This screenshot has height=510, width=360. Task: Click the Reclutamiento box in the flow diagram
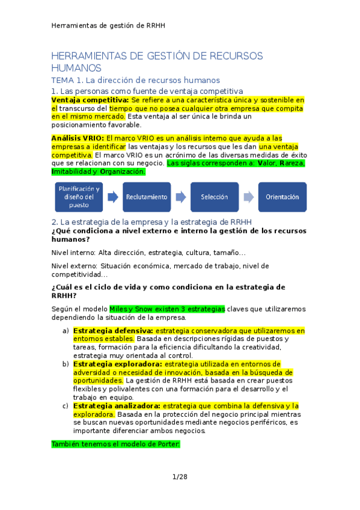point(147,197)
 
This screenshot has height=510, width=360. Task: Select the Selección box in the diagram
point(215,197)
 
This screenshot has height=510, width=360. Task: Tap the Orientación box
point(282,197)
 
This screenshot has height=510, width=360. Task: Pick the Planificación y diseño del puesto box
point(79,197)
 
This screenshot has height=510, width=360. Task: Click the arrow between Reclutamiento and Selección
point(181,197)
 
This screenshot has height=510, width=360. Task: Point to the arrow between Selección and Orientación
point(248,197)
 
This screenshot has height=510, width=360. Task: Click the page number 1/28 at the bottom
point(180,477)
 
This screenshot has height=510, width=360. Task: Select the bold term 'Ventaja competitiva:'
point(90,100)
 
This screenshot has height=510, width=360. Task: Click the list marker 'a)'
point(66,331)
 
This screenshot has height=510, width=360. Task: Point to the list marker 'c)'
point(66,406)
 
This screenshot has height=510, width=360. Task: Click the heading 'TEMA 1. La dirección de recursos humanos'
point(136,80)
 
